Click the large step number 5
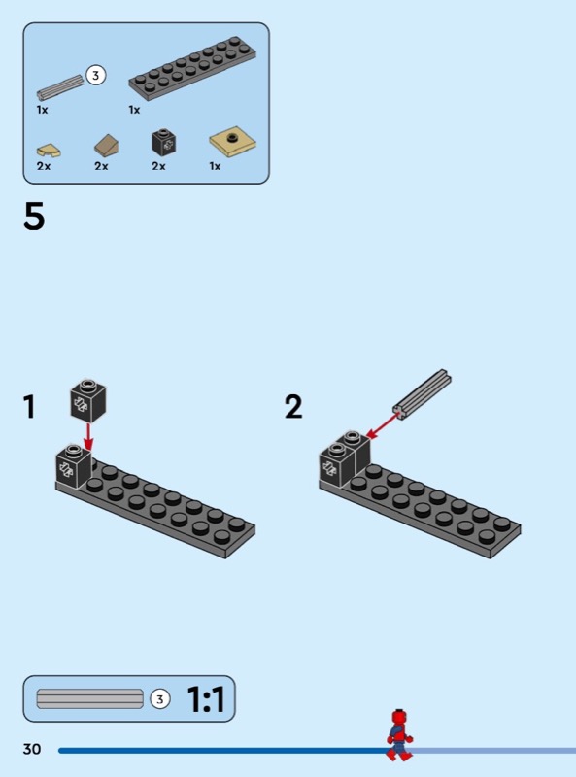(x=34, y=217)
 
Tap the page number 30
(x=32, y=749)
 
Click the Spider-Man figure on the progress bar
(x=399, y=735)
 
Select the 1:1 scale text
(x=206, y=699)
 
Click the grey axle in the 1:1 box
(x=89, y=698)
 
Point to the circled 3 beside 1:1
(x=159, y=699)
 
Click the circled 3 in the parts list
(x=95, y=76)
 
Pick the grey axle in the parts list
(x=60, y=87)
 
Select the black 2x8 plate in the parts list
(x=192, y=67)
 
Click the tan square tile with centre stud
(x=232, y=142)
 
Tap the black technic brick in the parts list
(x=164, y=142)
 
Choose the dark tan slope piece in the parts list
(x=107, y=145)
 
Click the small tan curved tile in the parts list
(x=49, y=150)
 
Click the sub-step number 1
(x=29, y=407)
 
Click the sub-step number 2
(x=293, y=407)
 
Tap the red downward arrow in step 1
(x=88, y=436)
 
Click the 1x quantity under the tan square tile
(x=215, y=166)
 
